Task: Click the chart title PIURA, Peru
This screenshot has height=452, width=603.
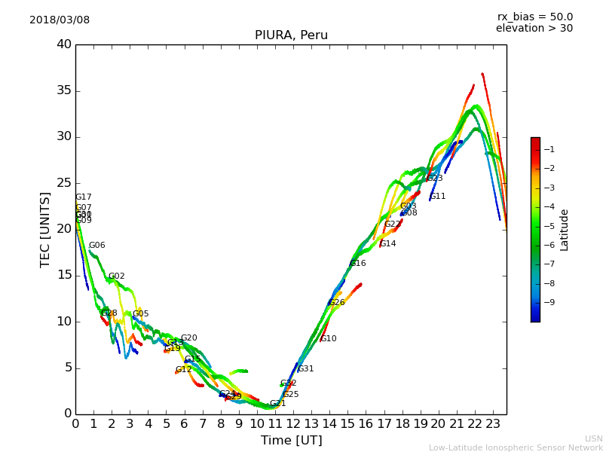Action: (291, 35)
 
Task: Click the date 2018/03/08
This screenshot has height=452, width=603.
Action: (60, 20)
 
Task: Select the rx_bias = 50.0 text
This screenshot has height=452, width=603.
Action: (534, 17)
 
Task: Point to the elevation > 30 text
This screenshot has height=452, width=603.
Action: (534, 29)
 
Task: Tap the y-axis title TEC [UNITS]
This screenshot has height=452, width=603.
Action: (45, 229)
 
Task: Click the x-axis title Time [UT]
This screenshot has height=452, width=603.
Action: (291, 441)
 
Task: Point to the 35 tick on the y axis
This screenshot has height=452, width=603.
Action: (64, 91)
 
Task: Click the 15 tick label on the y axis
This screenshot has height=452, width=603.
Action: (64, 276)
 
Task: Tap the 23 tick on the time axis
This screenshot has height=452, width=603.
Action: (493, 424)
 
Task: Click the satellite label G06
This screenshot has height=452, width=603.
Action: (97, 246)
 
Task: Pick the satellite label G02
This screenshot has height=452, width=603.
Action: (117, 276)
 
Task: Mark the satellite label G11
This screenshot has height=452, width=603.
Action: (438, 197)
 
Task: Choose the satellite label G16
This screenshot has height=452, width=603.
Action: (358, 264)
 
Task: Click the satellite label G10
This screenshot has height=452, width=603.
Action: (329, 339)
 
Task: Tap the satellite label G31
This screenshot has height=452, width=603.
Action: (306, 369)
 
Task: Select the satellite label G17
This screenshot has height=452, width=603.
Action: (84, 197)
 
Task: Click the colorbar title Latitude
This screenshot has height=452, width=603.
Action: (565, 230)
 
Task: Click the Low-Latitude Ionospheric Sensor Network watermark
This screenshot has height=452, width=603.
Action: (516, 447)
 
